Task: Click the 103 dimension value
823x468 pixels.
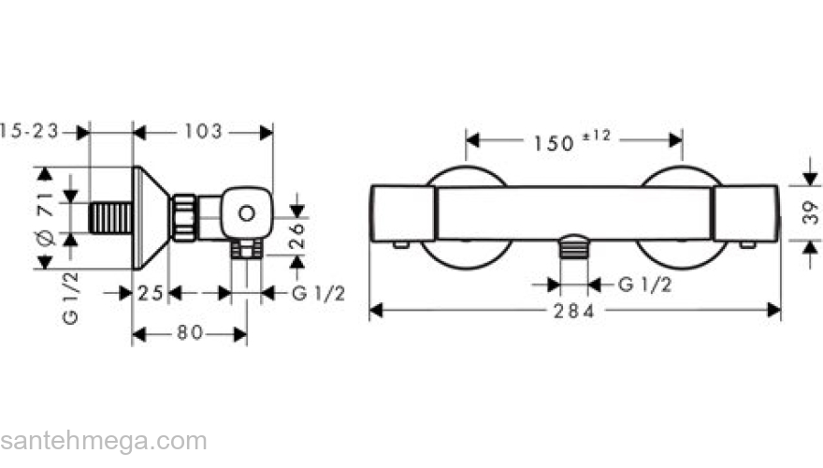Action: [x=203, y=131]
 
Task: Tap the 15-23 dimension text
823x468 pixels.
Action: [x=29, y=131]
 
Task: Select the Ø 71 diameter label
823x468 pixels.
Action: [x=46, y=218]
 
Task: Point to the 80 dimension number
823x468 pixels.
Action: [x=190, y=332]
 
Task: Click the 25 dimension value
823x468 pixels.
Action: [x=151, y=293]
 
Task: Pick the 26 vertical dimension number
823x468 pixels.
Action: [x=297, y=235]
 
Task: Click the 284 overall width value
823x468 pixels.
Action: [x=574, y=311]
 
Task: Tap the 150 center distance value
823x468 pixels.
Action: [x=554, y=143]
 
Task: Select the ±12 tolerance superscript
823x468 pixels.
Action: [x=597, y=136]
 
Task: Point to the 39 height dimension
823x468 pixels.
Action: [x=811, y=212]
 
